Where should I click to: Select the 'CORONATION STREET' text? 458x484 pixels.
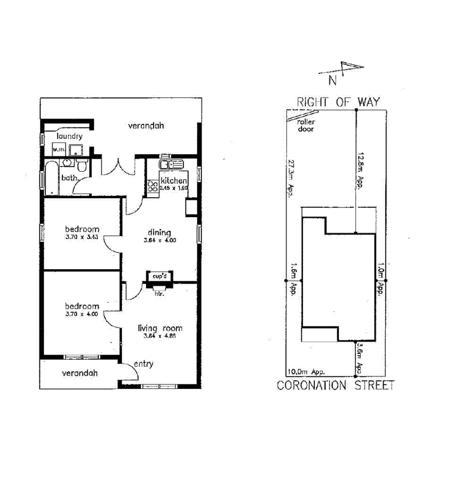pyautogui.click(x=335, y=385)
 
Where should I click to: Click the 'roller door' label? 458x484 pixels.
pyautogui.click(x=306, y=125)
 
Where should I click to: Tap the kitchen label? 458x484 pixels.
pyautogui.click(x=173, y=181)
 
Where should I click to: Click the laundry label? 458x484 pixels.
pyautogui.click(x=70, y=136)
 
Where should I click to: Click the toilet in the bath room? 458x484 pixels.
pyautogui.click(x=82, y=167)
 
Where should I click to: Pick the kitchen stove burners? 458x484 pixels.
pyautogui.click(x=153, y=186)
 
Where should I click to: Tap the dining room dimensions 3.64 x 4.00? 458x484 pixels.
pyautogui.click(x=160, y=241)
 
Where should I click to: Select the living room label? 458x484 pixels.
pyautogui.click(x=160, y=328)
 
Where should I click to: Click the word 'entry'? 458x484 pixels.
pyautogui.click(x=143, y=364)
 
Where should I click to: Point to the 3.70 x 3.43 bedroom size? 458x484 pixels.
pyautogui.click(x=82, y=236)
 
